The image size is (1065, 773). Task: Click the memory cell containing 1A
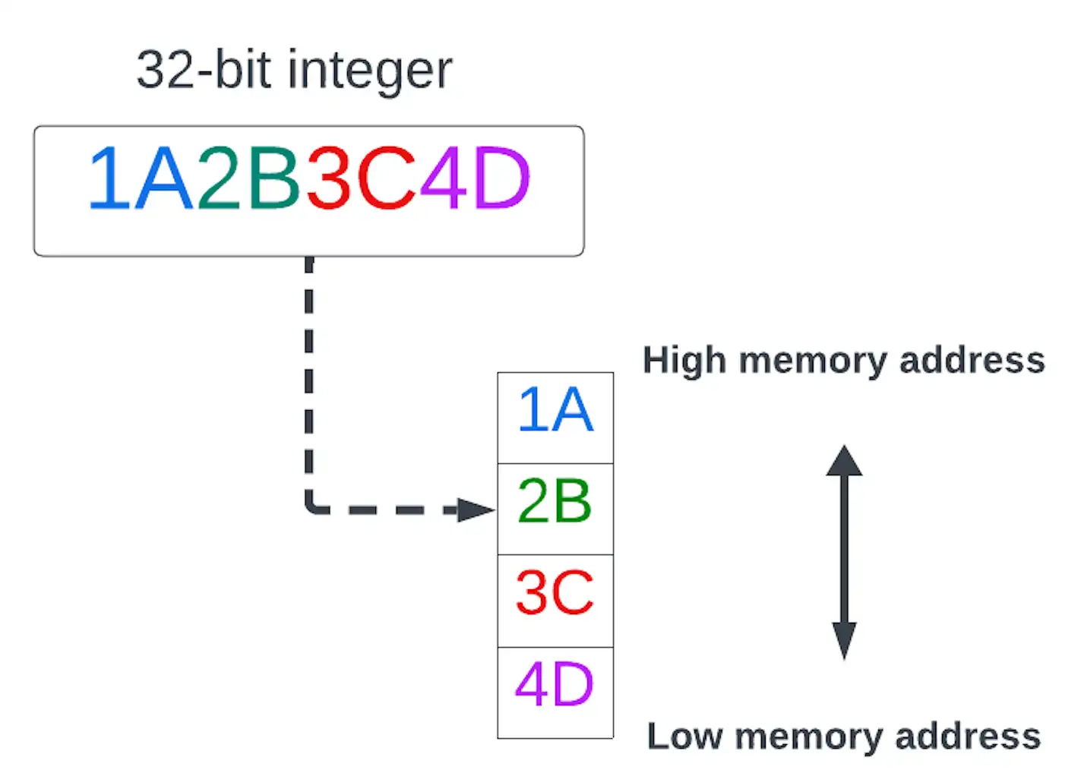[x=555, y=418]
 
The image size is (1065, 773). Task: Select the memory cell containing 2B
[x=555, y=509]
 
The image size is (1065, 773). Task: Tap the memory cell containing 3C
[x=555, y=601]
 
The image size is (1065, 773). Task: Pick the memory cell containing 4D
[x=555, y=692]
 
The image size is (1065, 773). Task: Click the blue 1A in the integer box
[x=141, y=180]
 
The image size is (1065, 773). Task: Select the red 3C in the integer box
[x=361, y=180]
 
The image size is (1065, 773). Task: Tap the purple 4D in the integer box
[x=475, y=180]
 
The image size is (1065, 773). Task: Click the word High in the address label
[x=684, y=361]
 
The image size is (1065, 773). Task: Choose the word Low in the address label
[x=684, y=737]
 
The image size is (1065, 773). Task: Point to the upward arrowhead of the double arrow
[x=844, y=460]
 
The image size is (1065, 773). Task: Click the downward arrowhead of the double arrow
[x=844, y=640]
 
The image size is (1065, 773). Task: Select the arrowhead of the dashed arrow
[x=476, y=510]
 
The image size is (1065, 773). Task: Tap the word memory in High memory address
[x=812, y=361]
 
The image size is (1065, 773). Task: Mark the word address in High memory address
[x=972, y=361]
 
